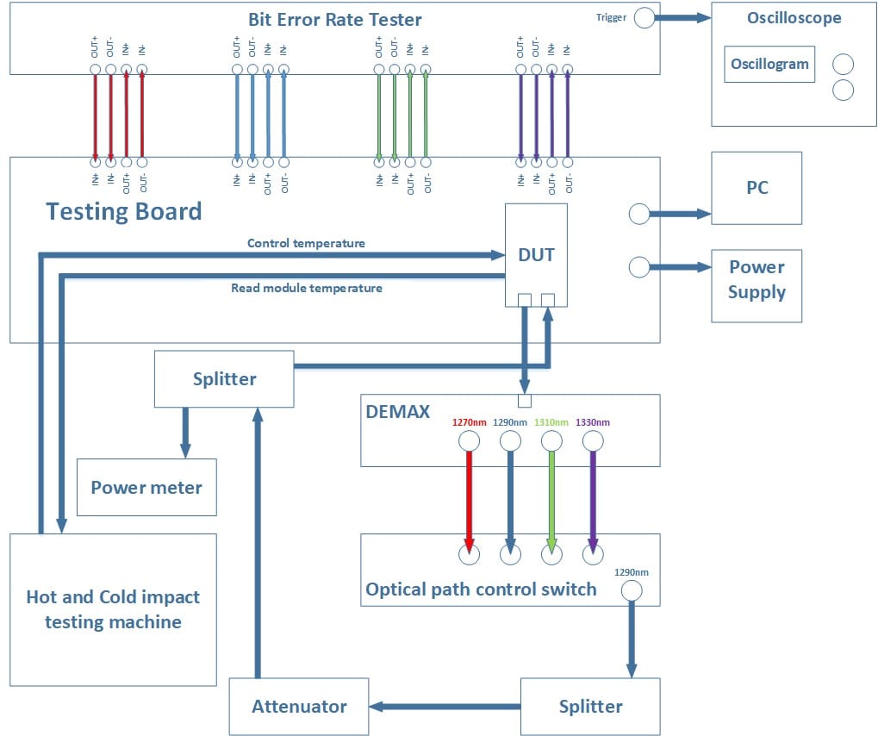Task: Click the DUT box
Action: (x=535, y=254)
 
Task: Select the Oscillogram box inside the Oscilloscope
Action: (x=769, y=64)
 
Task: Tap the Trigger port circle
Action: (x=644, y=18)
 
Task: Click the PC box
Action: (x=757, y=188)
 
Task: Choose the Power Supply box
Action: (x=757, y=279)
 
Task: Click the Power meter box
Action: (x=146, y=488)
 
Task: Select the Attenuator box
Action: (x=299, y=707)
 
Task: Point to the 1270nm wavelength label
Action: (x=470, y=422)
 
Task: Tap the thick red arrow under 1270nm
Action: (x=469, y=498)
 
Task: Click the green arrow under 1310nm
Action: (x=551, y=498)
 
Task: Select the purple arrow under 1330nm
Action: (x=592, y=498)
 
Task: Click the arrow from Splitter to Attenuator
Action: (x=445, y=707)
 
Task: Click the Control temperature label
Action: (x=306, y=243)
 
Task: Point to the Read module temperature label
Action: (x=306, y=288)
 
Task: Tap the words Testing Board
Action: (x=123, y=211)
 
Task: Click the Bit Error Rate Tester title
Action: (x=335, y=19)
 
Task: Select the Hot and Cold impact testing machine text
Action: (x=113, y=609)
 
